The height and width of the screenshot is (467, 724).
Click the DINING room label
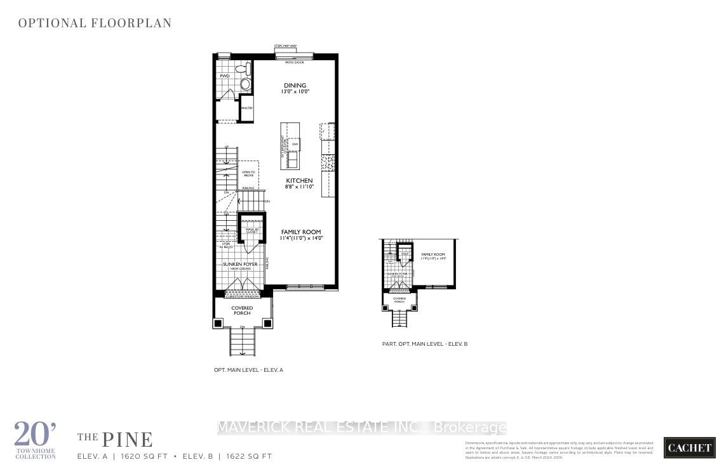[x=295, y=86]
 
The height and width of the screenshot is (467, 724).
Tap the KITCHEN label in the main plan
[x=298, y=181]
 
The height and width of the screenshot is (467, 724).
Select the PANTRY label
[x=247, y=109]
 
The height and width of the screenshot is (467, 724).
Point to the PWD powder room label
[x=224, y=76]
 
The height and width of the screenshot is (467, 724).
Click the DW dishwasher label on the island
[x=295, y=145]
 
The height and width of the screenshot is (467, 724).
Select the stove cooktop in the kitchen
[x=327, y=162]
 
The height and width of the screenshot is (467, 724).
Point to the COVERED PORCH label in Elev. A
[x=242, y=310]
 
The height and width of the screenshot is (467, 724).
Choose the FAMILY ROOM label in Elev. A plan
[x=301, y=232]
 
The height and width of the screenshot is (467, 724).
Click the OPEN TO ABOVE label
[x=248, y=174]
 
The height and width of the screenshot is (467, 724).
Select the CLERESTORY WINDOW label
[x=242, y=295]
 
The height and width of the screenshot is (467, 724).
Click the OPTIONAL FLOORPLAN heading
[x=95, y=23]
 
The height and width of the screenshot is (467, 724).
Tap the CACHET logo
[x=688, y=447]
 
